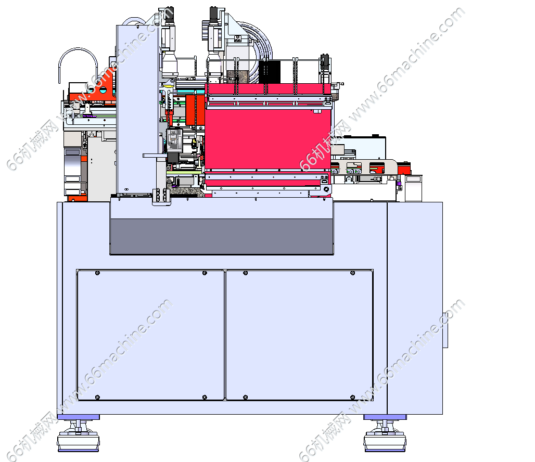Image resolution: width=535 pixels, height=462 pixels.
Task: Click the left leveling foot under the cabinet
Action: pyautogui.click(x=79, y=436)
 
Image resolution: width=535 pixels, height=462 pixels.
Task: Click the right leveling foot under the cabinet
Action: pyautogui.click(x=385, y=436)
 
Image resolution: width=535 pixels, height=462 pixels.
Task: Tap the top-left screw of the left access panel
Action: pyautogui.click(x=98, y=273)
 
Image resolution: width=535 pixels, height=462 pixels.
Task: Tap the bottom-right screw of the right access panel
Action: pyautogui.click(x=353, y=397)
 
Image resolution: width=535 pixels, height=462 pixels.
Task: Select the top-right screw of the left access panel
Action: pyautogui.click(x=205, y=273)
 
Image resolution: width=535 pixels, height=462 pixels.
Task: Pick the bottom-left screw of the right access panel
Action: pyautogui.click(x=245, y=397)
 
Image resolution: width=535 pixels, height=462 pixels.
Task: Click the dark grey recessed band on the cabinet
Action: pyautogui.click(x=222, y=236)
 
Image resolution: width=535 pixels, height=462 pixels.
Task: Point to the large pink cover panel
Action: pyautogui.click(x=268, y=138)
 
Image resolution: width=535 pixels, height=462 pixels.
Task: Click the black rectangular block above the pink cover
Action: pyautogui.click(x=270, y=72)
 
